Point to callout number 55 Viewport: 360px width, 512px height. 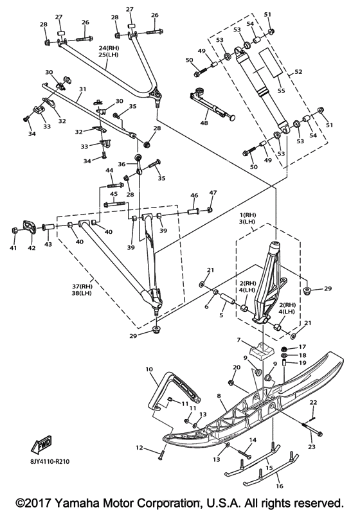pyautogui.click(x=281, y=90)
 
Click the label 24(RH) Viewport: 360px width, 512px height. pyautogui.click(x=109, y=48)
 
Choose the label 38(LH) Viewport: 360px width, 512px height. pyautogui.click(x=82, y=293)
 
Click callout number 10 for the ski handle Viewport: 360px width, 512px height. pyautogui.click(x=149, y=369)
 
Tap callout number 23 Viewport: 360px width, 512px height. pyautogui.click(x=312, y=446)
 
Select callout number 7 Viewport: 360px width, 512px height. pyautogui.click(x=239, y=340)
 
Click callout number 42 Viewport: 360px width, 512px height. pyautogui.click(x=31, y=248)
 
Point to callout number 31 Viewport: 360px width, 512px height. pyautogui.click(x=82, y=89)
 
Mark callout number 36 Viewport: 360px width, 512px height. pyautogui.click(x=122, y=164)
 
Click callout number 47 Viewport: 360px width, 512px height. pyautogui.click(x=213, y=193)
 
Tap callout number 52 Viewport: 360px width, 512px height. pyautogui.click(x=298, y=71)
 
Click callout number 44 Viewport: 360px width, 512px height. pyautogui.click(x=109, y=170)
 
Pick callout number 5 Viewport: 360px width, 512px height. pyautogui.click(x=221, y=315)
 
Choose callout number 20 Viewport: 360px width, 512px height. pyautogui.click(x=237, y=367)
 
